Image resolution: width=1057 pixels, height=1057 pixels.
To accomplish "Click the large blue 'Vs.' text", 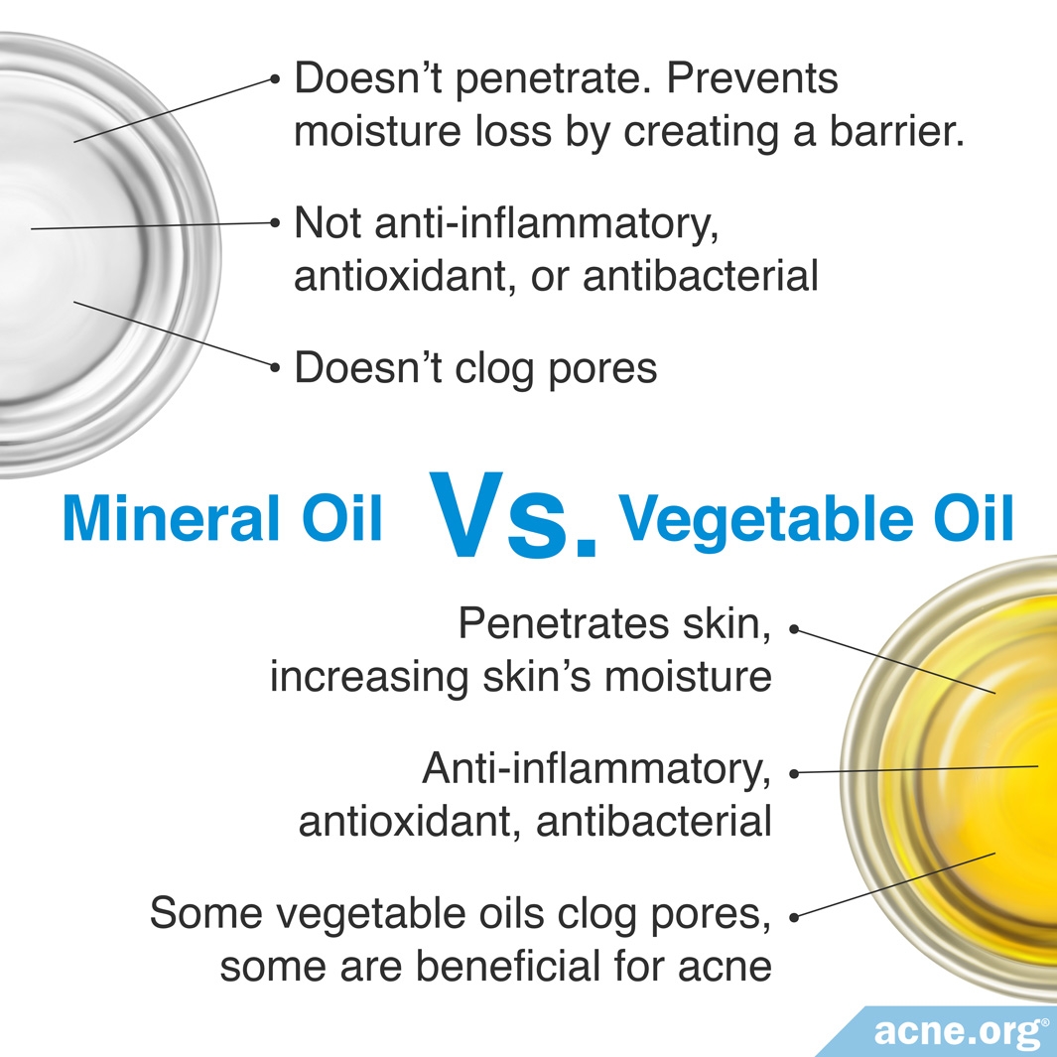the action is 512,515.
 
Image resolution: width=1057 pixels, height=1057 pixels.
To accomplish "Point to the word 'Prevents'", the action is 752,78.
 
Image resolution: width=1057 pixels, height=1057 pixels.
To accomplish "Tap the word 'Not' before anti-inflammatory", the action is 329,222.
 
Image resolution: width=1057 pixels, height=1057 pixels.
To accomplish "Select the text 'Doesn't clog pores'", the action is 475,368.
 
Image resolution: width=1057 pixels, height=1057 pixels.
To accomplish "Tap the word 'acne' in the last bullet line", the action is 725,968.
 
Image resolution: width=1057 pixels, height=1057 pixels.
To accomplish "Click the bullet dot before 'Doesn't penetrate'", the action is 274,78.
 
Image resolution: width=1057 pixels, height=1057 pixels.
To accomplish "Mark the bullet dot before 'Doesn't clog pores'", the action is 274,367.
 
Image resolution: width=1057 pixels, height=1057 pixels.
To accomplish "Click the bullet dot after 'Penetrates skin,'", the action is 794,629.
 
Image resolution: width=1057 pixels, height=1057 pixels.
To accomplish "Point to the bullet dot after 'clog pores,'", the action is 794,917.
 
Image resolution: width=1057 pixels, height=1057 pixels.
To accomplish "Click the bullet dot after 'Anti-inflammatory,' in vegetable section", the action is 794,774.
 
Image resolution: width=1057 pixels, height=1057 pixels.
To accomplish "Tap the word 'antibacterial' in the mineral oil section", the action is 701,276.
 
